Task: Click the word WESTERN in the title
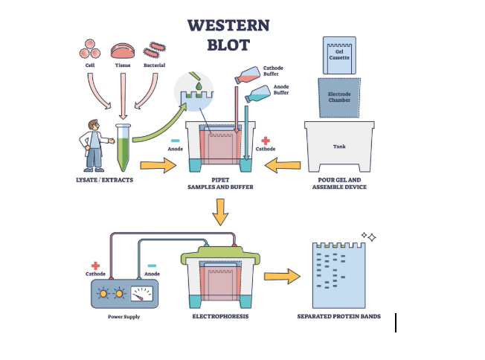(x=228, y=25)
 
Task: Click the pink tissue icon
(x=123, y=51)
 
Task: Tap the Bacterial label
(x=154, y=65)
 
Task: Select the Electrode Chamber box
(x=339, y=95)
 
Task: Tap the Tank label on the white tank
(x=338, y=146)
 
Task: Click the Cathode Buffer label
(x=273, y=71)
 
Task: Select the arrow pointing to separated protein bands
(x=281, y=277)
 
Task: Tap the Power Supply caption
(x=123, y=317)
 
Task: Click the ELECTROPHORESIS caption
(x=220, y=316)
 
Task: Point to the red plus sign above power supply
(x=95, y=265)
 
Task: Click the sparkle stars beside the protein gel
(x=369, y=237)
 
